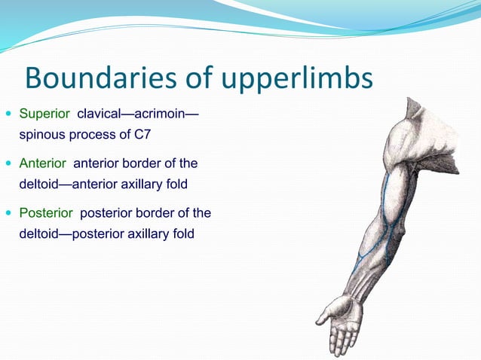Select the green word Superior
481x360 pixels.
44,114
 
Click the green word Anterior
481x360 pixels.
43,163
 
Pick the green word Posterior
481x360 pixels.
46,213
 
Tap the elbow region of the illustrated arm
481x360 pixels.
384,226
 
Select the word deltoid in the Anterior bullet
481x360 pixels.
38,184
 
